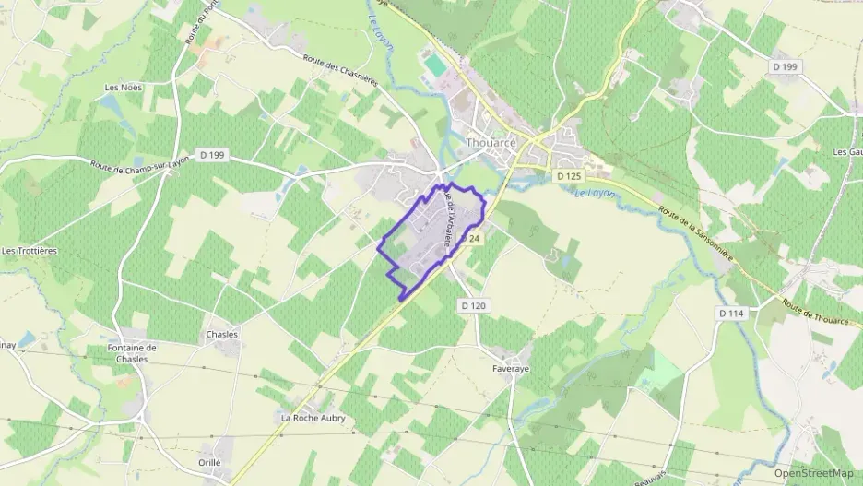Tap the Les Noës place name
[122, 88]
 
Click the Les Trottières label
[24, 250]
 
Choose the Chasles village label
[222, 334]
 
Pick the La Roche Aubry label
[313, 418]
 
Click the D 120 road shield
[471, 305]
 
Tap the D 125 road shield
[567, 175]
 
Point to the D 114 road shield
[730, 314]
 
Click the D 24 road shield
[473, 238]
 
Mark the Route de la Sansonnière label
[696, 232]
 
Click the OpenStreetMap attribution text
[813, 473]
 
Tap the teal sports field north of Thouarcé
[432, 65]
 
